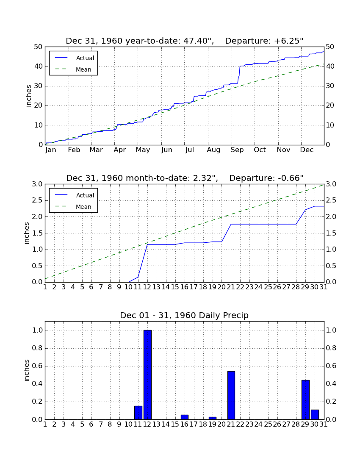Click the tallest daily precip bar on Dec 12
[x=148, y=375]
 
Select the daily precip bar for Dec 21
[x=231, y=395]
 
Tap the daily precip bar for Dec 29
[x=305, y=400]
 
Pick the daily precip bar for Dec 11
[x=138, y=413]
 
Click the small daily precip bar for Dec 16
[x=185, y=417]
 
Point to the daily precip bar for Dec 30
[x=315, y=415]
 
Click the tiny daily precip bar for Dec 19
[x=213, y=418]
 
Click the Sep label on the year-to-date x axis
[x=237, y=150]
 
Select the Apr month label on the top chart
[x=120, y=150]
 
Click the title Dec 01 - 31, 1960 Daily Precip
[x=184, y=315]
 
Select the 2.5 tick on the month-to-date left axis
[x=37, y=200]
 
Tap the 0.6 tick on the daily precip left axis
[x=37, y=366]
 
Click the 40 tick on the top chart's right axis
[x=330, y=66]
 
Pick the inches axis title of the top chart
[x=28, y=96]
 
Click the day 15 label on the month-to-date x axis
[x=175, y=287]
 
